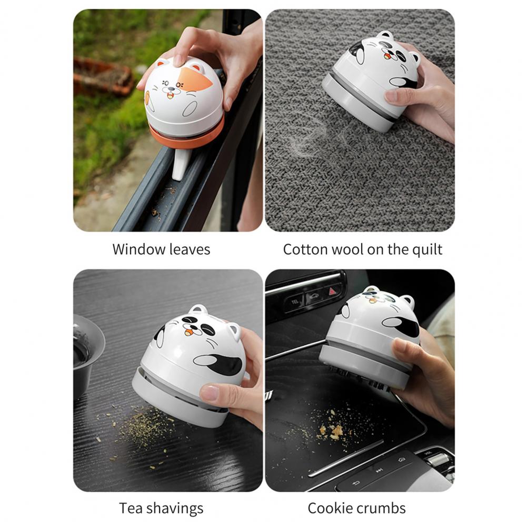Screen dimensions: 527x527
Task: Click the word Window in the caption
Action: point(139,250)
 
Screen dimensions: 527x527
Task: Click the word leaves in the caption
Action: point(190,250)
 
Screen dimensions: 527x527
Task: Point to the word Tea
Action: point(131,508)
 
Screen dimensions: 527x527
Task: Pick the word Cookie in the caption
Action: point(329,508)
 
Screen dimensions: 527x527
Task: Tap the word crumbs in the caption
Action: point(380,508)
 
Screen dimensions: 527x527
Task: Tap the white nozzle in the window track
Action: point(180,165)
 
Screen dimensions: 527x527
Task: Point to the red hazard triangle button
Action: point(332,291)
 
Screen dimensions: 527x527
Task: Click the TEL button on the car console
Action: point(295,302)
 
